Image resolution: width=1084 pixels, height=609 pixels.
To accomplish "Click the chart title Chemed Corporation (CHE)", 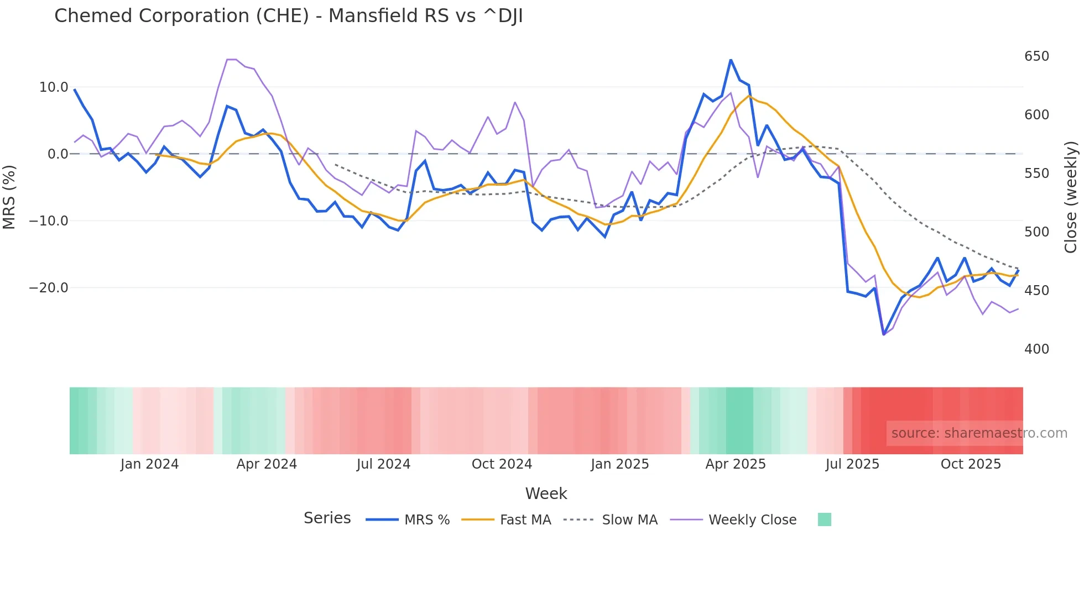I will (x=288, y=16).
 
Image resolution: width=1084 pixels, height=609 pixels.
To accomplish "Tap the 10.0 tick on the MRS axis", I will (x=54, y=87).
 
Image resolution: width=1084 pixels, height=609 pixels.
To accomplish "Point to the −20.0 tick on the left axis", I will (x=49, y=288).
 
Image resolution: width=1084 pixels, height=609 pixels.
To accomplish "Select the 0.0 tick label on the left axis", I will (x=58, y=154).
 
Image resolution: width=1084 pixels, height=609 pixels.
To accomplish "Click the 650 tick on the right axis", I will (x=1036, y=56).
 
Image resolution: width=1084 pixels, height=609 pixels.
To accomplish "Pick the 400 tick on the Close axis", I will (x=1036, y=349).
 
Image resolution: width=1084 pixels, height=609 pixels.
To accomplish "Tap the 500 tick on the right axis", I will (x=1036, y=232).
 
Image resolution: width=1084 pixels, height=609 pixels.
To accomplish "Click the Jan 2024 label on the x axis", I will (x=149, y=464).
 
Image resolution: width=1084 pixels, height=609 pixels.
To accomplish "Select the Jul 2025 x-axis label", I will (x=852, y=464).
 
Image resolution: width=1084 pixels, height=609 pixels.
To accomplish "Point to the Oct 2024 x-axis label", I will (x=502, y=464).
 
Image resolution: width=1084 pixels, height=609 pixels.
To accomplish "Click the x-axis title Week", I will (x=546, y=494).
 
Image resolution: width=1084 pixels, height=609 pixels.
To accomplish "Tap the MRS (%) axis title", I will (x=9, y=197).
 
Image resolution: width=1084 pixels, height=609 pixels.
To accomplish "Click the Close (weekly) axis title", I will (x=1071, y=197).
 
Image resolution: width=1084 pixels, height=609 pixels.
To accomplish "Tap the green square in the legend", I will (x=824, y=519).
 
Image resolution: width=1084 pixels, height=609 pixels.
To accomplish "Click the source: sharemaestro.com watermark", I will (x=979, y=433).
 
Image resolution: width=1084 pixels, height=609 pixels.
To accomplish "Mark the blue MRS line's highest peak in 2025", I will (x=731, y=60).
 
